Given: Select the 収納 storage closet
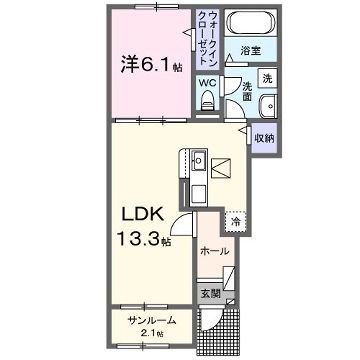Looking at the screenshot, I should (x=264, y=138).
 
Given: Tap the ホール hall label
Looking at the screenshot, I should (x=215, y=251).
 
